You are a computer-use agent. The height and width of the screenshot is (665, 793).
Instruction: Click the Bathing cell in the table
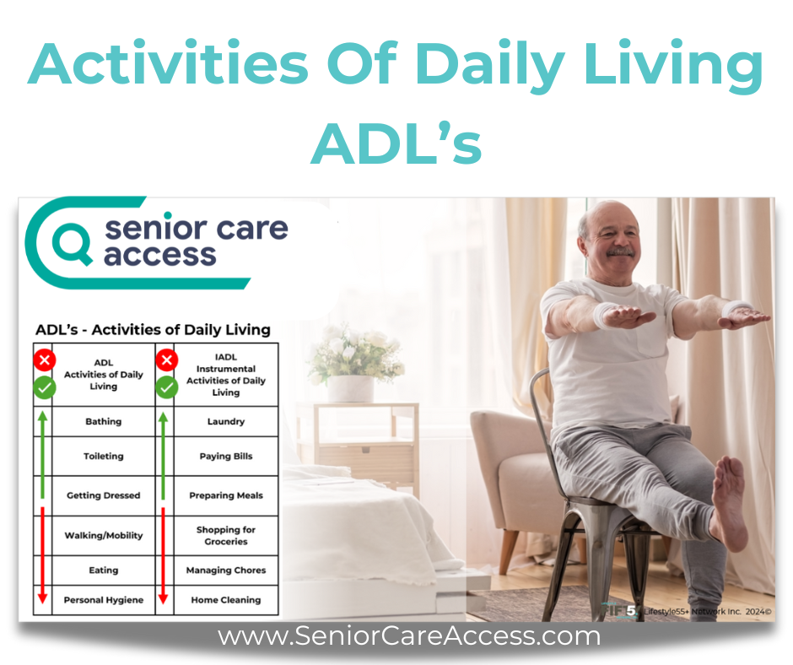[104, 422]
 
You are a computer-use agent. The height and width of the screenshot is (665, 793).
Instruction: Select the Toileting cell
[104, 456]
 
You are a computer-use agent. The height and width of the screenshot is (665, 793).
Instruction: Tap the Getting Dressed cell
[104, 495]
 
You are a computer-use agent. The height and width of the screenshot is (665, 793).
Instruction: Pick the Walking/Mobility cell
[104, 535]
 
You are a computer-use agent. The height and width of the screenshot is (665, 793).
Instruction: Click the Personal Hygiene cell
[104, 600]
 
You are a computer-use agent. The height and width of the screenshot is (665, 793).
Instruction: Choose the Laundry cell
[226, 422]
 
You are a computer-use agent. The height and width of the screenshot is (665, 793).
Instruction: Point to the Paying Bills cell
[226, 456]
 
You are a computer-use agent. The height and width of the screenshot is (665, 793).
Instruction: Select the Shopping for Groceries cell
[226, 535]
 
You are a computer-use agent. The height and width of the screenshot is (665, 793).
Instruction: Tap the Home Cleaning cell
[226, 600]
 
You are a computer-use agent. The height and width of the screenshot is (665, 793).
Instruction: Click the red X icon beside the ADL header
[45, 360]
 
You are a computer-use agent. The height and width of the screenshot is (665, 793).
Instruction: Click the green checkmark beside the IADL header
[166, 388]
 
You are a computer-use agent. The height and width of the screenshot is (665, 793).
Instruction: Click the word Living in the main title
[673, 66]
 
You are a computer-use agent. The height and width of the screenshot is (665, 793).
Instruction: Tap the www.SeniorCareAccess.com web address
[408, 636]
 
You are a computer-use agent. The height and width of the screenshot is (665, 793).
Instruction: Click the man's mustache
[620, 251]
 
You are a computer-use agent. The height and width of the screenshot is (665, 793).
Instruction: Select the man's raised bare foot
[729, 502]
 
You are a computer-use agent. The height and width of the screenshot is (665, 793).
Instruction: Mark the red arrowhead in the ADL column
[42, 597]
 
